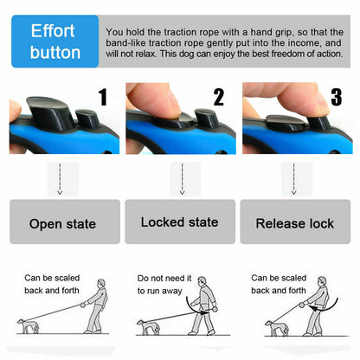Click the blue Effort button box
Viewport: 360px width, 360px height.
pyautogui.click(x=55, y=41)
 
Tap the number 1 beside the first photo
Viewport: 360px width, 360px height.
pyautogui.click(x=102, y=97)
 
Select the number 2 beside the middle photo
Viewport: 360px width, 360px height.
pyautogui.click(x=218, y=97)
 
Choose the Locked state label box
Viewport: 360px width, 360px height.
pyautogui.click(x=179, y=222)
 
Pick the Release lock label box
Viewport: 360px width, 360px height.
pyautogui.click(x=294, y=223)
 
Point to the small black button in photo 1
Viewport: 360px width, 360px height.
pyautogui.click(x=87, y=119)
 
